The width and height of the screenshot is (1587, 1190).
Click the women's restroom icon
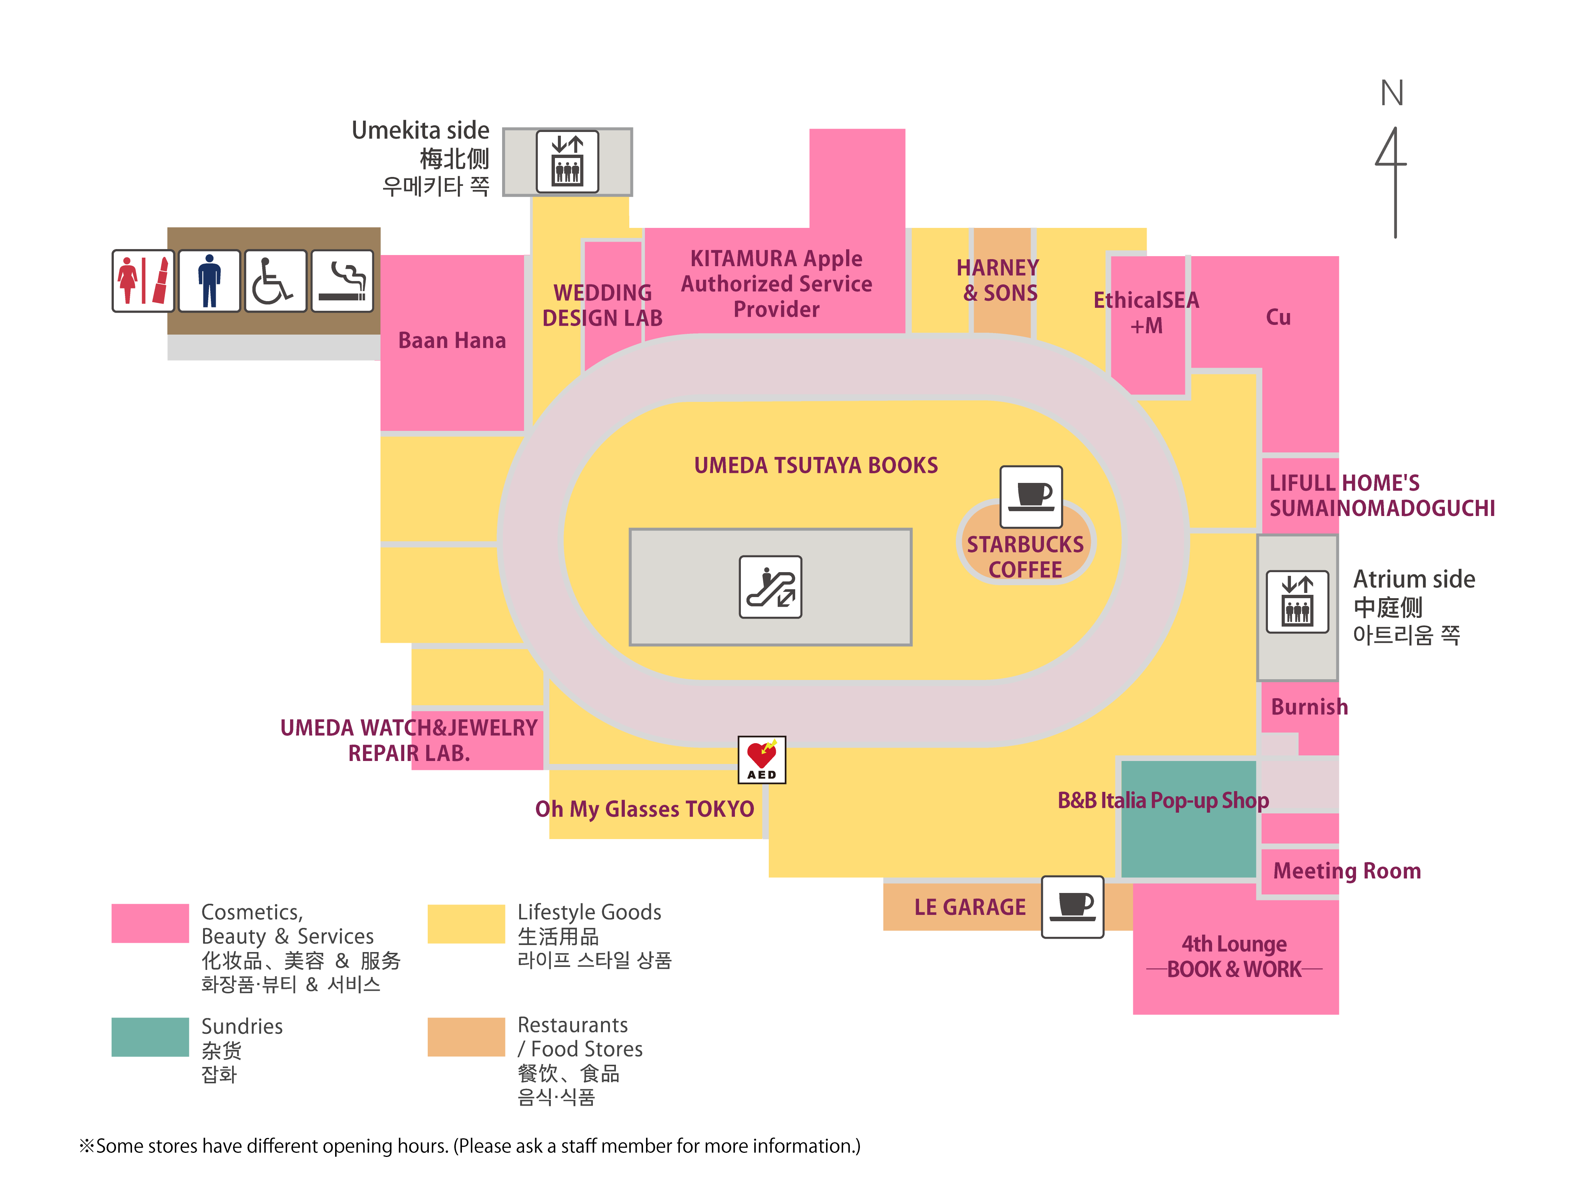tap(143, 280)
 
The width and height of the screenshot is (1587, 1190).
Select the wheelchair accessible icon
tap(276, 280)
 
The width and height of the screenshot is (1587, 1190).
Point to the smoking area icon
tap(342, 280)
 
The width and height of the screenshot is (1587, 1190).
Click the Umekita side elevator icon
tap(568, 161)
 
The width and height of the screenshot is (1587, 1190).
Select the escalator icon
tap(771, 587)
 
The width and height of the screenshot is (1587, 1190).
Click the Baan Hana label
tap(452, 340)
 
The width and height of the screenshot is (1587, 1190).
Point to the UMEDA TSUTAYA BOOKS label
tap(816, 465)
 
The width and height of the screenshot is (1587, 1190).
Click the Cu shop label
tap(1278, 317)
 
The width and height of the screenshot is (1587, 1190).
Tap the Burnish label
tap(1309, 707)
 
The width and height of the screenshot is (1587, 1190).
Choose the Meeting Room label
tap(1347, 871)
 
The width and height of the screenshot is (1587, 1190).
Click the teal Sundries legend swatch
tap(150, 1036)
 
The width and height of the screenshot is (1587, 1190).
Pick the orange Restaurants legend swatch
tap(466, 1036)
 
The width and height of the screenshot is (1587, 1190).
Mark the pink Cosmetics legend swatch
tap(150, 923)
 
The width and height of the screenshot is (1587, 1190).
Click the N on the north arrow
tap(1392, 93)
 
